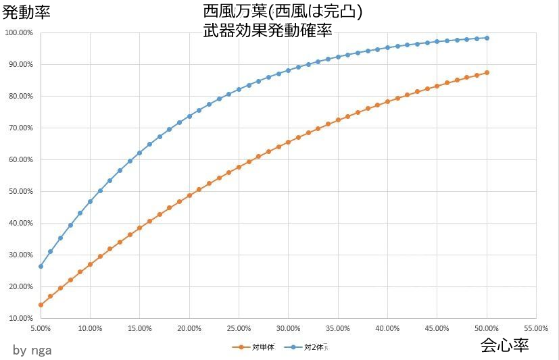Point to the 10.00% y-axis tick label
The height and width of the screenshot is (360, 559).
coord(20,318)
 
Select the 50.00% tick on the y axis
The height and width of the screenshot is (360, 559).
coord(20,191)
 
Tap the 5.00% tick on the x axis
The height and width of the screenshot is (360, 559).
coord(41,328)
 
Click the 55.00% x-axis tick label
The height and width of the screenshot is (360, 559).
coord(536,328)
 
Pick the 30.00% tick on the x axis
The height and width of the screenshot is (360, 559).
coord(289,328)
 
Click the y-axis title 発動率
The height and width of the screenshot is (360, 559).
coord(26,11)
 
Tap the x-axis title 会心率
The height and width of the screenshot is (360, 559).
coord(504,346)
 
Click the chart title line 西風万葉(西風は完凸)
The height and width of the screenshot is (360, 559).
coord(282,11)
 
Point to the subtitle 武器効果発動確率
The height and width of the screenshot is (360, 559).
coord(267,30)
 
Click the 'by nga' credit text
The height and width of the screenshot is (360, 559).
coord(32,350)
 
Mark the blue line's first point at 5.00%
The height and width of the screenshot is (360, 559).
coord(41,266)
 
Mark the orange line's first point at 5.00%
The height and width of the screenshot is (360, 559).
coord(41,305)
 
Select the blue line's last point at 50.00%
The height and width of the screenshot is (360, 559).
coord(487,38)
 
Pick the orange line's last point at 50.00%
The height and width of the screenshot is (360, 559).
coord(487,72)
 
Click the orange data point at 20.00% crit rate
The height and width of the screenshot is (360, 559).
coord(189,195)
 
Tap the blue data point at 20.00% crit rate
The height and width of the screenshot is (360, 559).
coord(189,116)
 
